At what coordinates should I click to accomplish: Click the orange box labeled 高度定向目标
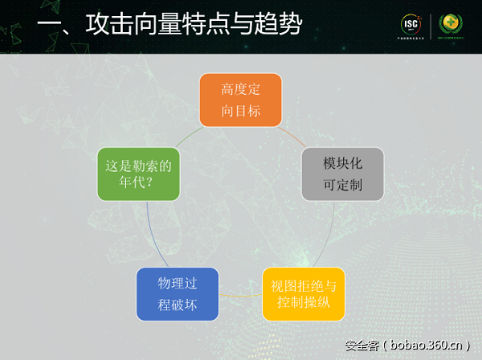[241, 100]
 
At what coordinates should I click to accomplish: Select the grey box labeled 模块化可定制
[343, 174]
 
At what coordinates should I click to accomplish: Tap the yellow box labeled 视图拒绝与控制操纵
[303, 294]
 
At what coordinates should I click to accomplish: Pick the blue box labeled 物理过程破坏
[178, 294]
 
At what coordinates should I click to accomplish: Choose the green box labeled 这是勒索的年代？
[139, 174]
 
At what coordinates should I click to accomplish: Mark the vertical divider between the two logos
[431, 26]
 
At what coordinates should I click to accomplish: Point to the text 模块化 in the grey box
[343, 164]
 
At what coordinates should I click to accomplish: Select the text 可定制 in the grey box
[343, 184]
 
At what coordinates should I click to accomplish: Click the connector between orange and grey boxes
[291, 133]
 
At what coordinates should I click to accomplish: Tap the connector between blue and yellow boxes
[240, 295]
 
